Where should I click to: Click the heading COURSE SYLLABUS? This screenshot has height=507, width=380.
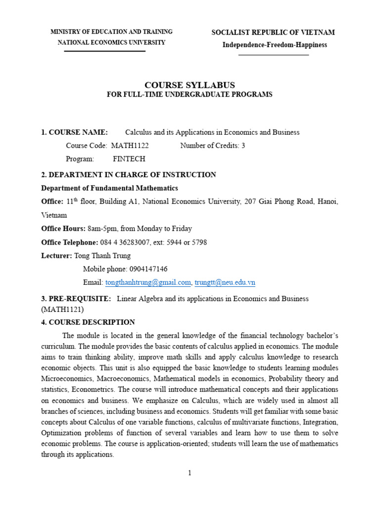click(190, 85)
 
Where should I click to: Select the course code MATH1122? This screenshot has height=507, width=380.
click(130, 146)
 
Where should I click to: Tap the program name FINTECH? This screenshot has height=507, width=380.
click(129, 159)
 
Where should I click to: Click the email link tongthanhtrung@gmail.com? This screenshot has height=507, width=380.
click(148, 282)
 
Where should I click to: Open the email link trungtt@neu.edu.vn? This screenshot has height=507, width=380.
click(225, 282)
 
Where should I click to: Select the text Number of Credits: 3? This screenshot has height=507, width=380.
click(212, 146)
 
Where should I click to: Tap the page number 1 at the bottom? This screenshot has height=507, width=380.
click(190, 473)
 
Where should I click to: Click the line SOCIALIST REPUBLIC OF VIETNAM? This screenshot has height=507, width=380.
click(273, 33)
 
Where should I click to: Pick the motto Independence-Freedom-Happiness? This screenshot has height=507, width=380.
click(274, 45)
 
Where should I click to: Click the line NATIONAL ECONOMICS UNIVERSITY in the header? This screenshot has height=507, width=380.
click(111, 43)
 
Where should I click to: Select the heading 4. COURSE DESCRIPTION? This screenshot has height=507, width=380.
click(88, 322)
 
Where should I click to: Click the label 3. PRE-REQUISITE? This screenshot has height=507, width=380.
click(76, 299)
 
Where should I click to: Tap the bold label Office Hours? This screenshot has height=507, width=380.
click(63, 229)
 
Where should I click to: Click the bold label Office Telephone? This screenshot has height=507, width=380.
click(70, 242)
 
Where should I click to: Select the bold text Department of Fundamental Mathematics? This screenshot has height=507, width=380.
click(109, 188)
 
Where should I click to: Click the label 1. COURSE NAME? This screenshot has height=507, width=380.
click(74, 132)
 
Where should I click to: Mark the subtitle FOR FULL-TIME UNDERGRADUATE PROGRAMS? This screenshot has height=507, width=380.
click(190, 95)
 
